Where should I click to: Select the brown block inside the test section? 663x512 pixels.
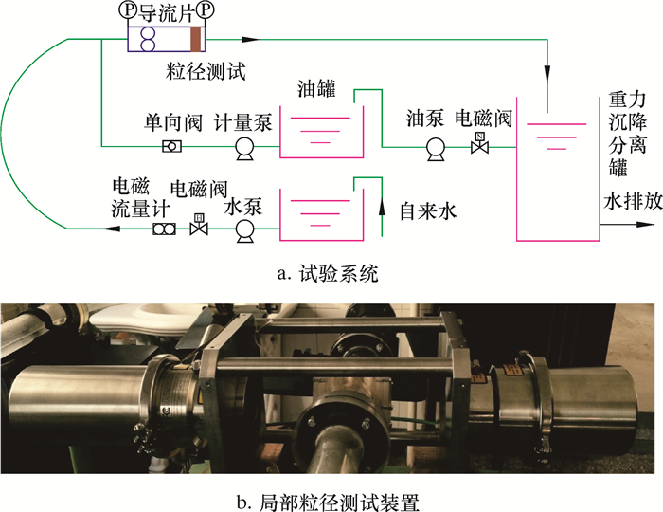pyautogui.click(x=196, y=39)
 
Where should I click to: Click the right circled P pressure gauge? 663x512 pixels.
pyautogui.click(x=206, y=10)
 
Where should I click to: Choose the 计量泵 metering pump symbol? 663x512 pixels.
pyautogui.click(x=243, y=146)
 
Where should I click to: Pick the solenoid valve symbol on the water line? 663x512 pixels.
pyautogui.click(x=199, y=228)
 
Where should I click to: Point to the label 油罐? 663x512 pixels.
pyautogui.click(x=316, y=86)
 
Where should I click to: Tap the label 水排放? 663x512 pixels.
pyautogui.click(x=624, y=203)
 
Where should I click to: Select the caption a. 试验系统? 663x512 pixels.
pyautogui.click(x=327, y=275)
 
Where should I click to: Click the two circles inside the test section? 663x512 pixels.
pyautogui.click(x=148, y=39)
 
